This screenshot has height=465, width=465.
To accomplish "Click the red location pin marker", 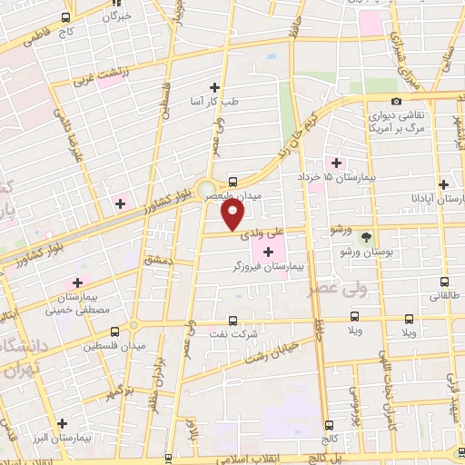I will pyautogui.click(x=233, y=213).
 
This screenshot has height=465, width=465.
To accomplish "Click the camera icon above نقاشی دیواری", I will pyautogui.click(x=396, y=101).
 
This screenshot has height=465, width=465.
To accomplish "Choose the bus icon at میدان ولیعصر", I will pyautogui.click(x=233, y=181).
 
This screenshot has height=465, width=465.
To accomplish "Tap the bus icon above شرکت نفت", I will pyautogui.click(x=232, y=321).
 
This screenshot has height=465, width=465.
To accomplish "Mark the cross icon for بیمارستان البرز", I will pyautogui.click(x=62, y=423).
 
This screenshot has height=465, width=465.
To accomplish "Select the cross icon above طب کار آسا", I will pyautogui.click(x=215, y=87).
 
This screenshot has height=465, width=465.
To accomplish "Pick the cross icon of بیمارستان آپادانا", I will pyautogui.click(x=442, y=183).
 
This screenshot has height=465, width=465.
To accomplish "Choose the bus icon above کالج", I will pyautogui.click(x=326, y=425).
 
